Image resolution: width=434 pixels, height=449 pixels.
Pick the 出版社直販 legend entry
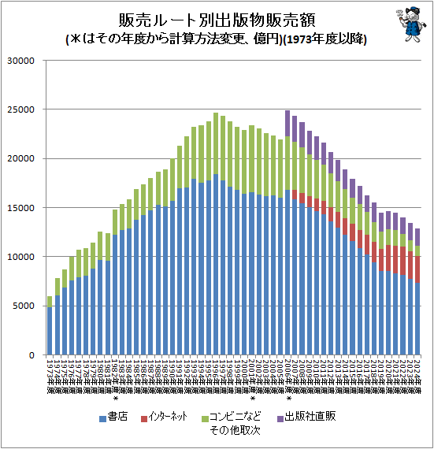pyautogui.click(x=307, y=417)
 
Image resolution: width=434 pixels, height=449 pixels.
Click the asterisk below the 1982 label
pyautogui.click(x=116, y=398)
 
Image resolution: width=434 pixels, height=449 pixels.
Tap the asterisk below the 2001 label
pyautogui.click(x=251, y=398)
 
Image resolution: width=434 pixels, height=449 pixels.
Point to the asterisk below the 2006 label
pyautogui.click(x=288, y=398)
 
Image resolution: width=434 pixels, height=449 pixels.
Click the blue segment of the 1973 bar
pyautogui.click(x=50, y=331)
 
